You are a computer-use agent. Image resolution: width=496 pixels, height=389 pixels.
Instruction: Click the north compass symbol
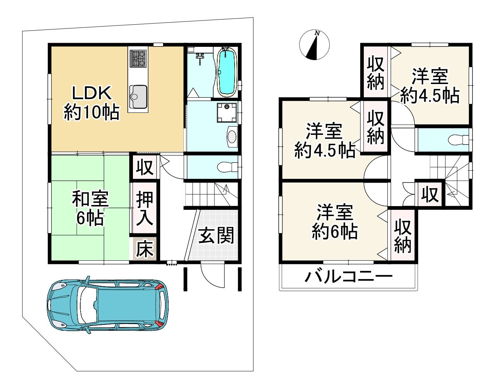coord(314,45)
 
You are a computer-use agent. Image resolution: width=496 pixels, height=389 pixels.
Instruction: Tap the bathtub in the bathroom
coord(226,72)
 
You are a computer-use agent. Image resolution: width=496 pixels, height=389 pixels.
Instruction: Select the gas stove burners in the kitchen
coord(138,59)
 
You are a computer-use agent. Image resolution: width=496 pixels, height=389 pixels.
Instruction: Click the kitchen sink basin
coord(138,97)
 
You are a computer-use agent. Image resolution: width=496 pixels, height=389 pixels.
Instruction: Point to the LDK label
coord(92,93)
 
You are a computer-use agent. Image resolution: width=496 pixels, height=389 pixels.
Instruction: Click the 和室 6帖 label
coord(90,208)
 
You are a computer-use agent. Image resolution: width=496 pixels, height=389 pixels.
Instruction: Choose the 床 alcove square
coord(145,249)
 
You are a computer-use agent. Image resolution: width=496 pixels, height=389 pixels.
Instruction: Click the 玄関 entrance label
coord(216,235)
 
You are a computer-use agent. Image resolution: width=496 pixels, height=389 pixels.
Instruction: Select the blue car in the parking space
coord(107,305)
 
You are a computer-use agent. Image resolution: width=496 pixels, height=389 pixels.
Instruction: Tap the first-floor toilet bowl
coord(227,167)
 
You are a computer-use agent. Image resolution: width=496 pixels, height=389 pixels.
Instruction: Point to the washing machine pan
coord(227,113)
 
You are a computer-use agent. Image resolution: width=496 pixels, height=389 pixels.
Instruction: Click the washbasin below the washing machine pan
coord(232,137)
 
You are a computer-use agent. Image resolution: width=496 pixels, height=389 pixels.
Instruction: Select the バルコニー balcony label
coord(349,277)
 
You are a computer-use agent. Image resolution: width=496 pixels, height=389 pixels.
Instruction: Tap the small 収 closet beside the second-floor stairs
coord(430,195)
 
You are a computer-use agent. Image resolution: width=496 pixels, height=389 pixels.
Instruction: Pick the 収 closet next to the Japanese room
coord(144,167)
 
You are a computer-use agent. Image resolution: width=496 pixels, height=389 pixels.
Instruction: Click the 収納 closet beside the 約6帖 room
coord(402,236)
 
